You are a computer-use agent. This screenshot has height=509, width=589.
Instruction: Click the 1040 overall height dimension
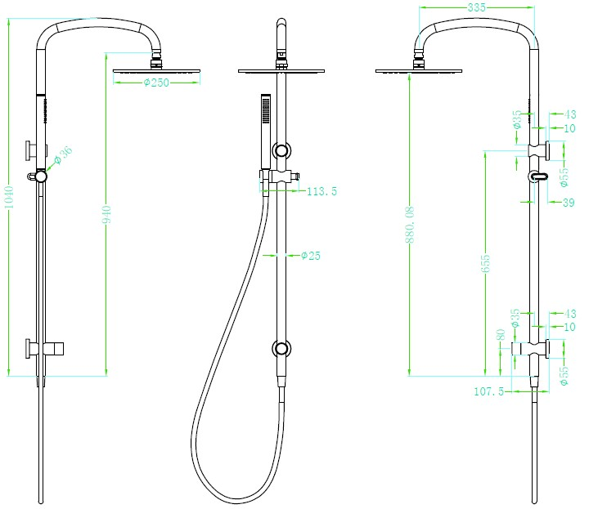[9, 194]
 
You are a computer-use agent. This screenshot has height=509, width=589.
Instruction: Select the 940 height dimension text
[106, 217]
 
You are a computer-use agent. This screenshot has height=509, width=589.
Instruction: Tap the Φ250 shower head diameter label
[155, 83]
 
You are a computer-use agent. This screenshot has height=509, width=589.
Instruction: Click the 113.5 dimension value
[321, 192]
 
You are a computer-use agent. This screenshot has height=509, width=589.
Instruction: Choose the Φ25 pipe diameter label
[311, 256]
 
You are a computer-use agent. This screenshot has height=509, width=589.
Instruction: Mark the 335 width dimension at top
[474, 7]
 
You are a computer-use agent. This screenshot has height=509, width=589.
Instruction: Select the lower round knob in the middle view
[282, 349]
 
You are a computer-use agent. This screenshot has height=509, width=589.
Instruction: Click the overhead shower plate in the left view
[155, 71]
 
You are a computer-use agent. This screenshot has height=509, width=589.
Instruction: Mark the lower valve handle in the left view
[33, 349]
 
